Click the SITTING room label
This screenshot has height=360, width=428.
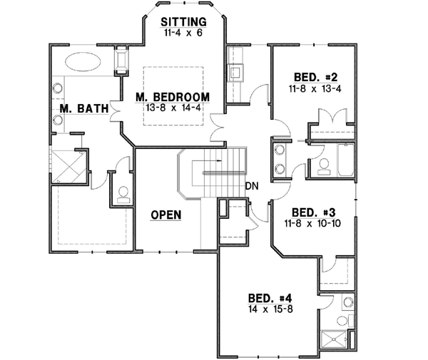point(183,21)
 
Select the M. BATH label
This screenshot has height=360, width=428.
point(83,109)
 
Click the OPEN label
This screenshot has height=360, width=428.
point(165,214)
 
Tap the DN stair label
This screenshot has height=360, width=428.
point(250,187)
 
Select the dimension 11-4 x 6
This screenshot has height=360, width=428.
point(183,33)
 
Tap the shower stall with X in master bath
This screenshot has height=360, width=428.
point(69,167)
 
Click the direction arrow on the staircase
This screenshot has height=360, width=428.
point(218,172)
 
